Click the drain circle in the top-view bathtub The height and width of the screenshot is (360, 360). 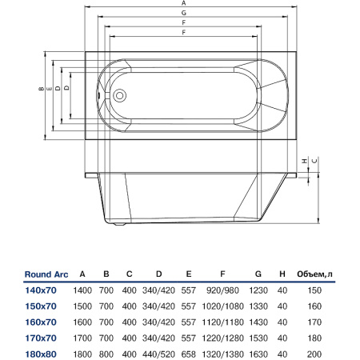(119, 96)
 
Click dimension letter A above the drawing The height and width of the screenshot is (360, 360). (183, 3)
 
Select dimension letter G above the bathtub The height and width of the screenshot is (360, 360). (183, 13)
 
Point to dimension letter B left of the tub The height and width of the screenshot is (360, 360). (41, 89)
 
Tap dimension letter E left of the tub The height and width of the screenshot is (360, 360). (50, 89)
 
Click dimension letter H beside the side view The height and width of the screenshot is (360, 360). (305, 161)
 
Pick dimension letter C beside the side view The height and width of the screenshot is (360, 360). (314, 161)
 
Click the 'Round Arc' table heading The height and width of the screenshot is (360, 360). (46, 274)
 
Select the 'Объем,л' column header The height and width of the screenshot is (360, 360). (314, 274)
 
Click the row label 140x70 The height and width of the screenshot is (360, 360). (41, 290)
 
